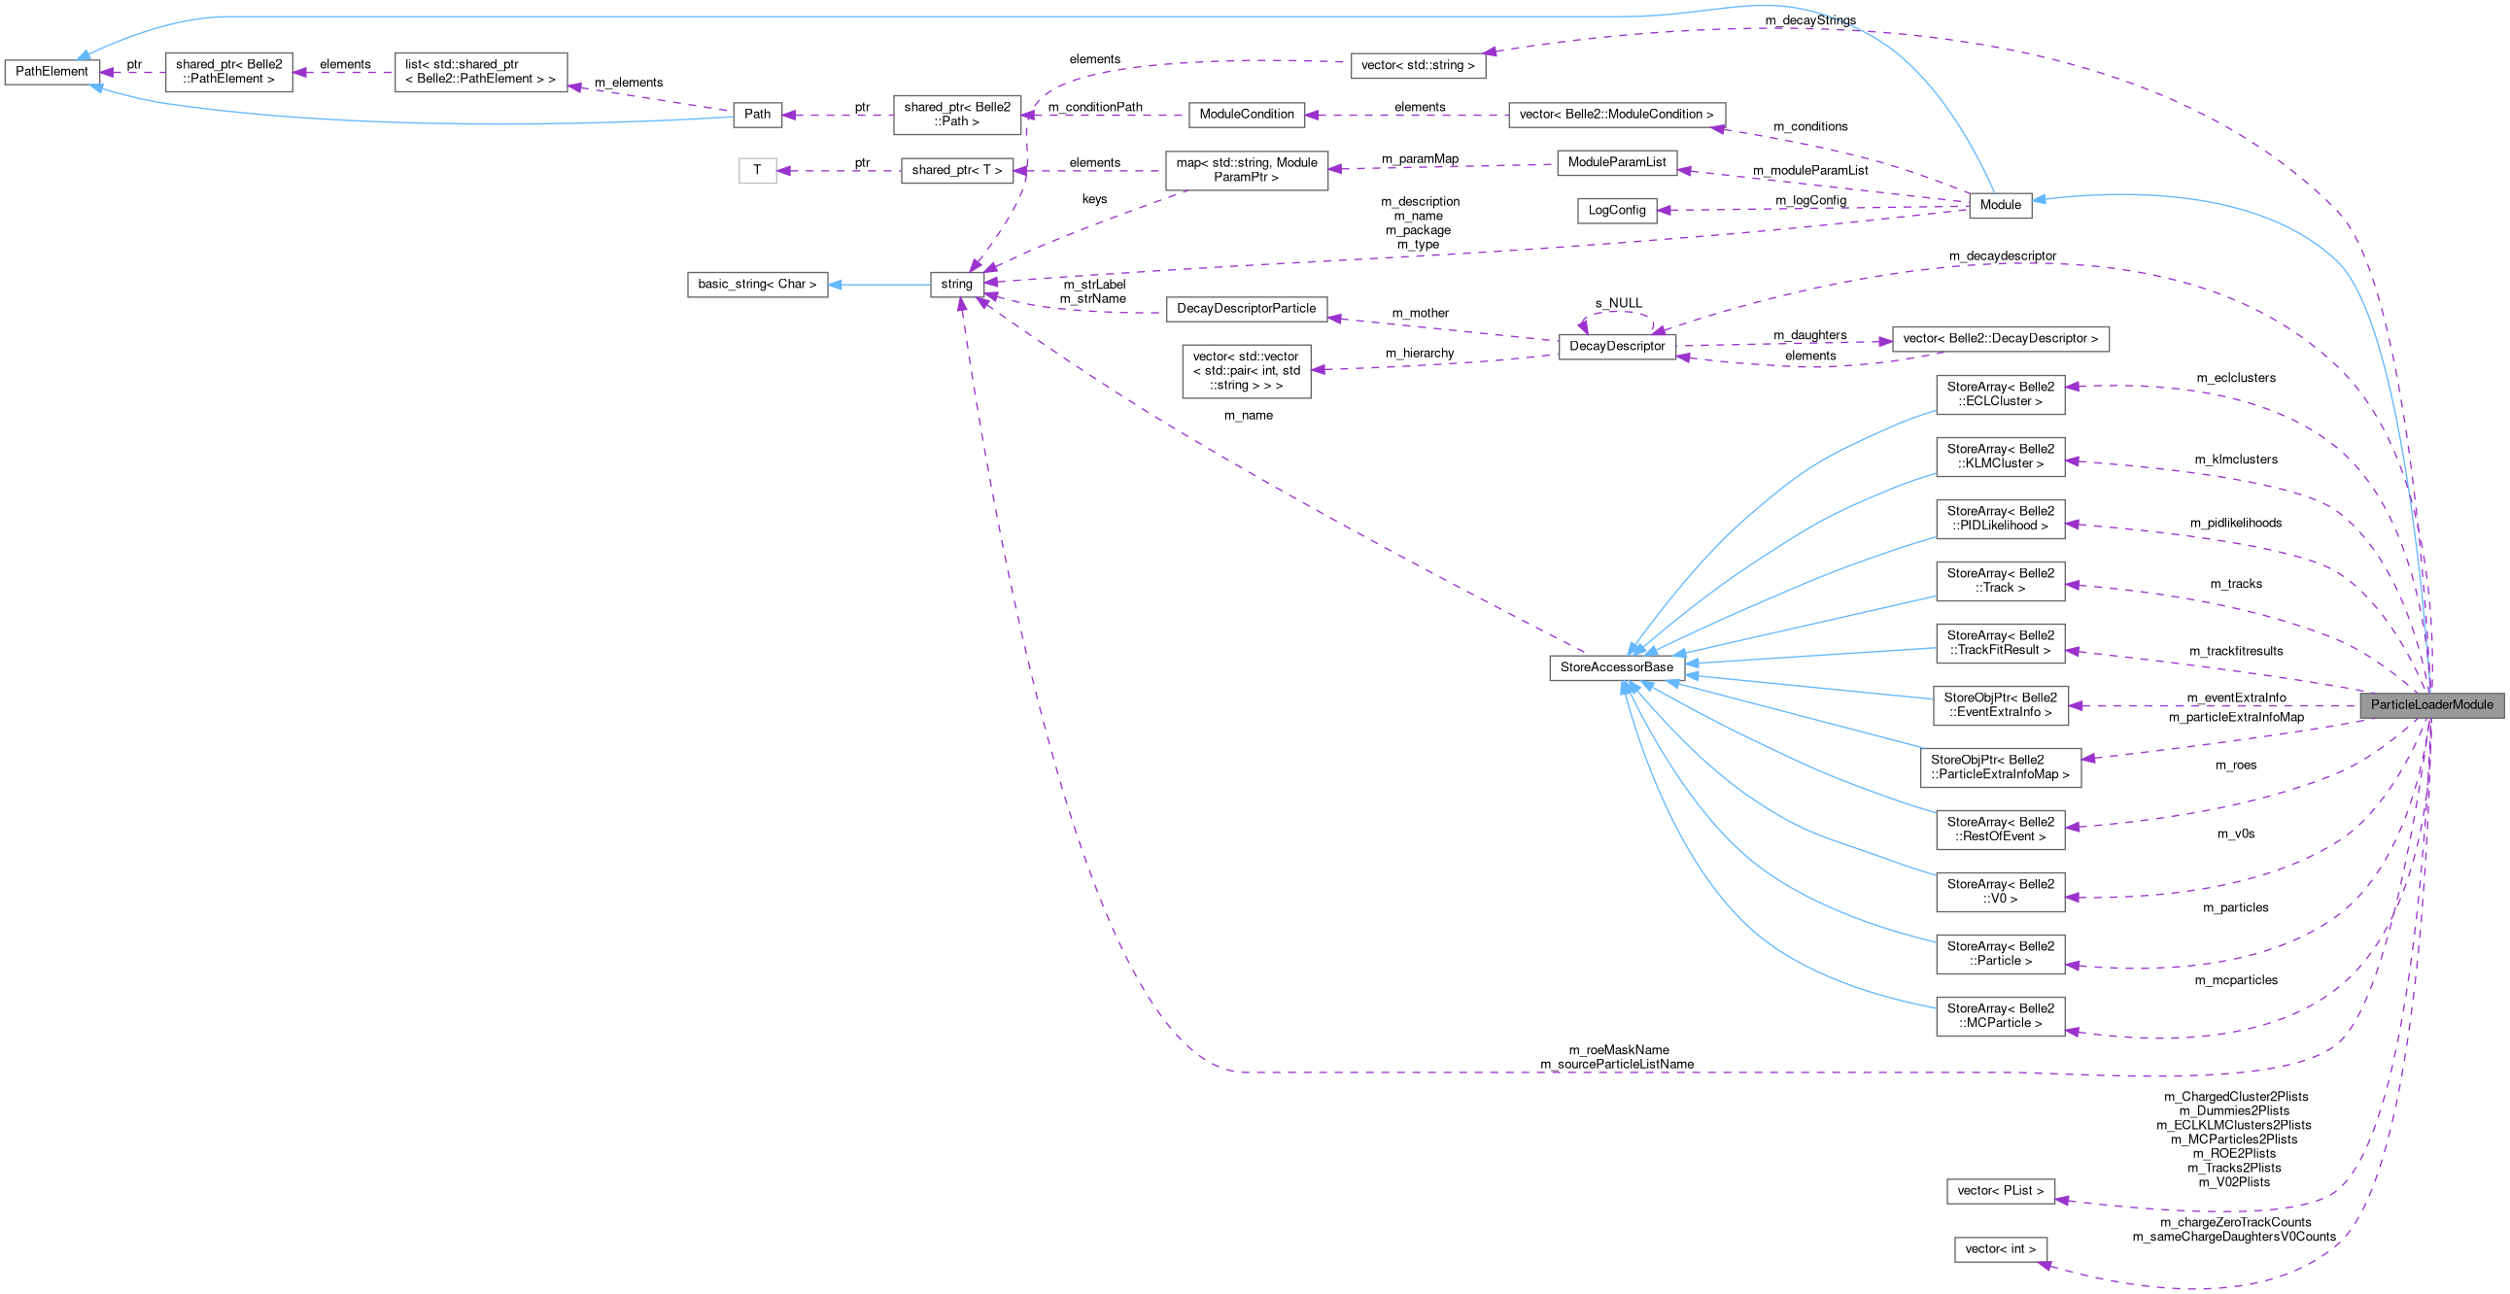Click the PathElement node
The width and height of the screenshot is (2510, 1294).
pyautogui.click(x=52, y=72)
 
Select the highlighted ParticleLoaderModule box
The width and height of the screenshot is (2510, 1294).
pyautogui.click(x=2431, y=704)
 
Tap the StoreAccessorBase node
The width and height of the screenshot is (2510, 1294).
pyautogui.click(x=1616, y=667)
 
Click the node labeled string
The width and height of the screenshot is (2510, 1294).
pyautogui.click(x=956, y=285)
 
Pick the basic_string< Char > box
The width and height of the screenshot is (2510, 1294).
pyautogui.click(x=757, y=285)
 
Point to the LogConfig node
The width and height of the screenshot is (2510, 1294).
pyautogui.click(x=1616, y=211)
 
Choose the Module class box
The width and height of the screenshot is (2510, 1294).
pyautogui.click(x=2000, y=205)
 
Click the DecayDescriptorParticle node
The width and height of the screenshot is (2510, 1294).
pyautogui.click(x=1245, y=309)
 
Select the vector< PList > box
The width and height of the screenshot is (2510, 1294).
pyautogui.click(x=2000, y=1191)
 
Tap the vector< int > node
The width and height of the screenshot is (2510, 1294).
pyautogui.click(x=2000, y=1249)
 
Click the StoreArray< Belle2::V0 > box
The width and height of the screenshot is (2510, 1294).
pyautogui.click(x=2000, y=892)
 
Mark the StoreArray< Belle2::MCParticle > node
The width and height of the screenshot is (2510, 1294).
pyautogui.click(x=2000, y=1016)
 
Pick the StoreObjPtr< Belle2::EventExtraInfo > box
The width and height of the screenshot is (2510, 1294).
pyautogui.click(x=2000, y=705)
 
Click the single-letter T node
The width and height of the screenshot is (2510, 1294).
pyautogui.click(x=757, y=171)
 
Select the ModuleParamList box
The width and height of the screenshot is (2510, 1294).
pyautogui.click(x=1616, y=163)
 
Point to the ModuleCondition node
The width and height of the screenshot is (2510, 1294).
pyautogui.click(x=1245, y=115)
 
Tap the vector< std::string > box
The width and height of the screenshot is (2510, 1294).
pyautogui.click(x=1417, y=66)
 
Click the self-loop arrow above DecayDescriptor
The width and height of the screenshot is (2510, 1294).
pyautogui.click(x=1616, y=314)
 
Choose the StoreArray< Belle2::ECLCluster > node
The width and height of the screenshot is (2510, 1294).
pyautogui.click(x=2000, y=394)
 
